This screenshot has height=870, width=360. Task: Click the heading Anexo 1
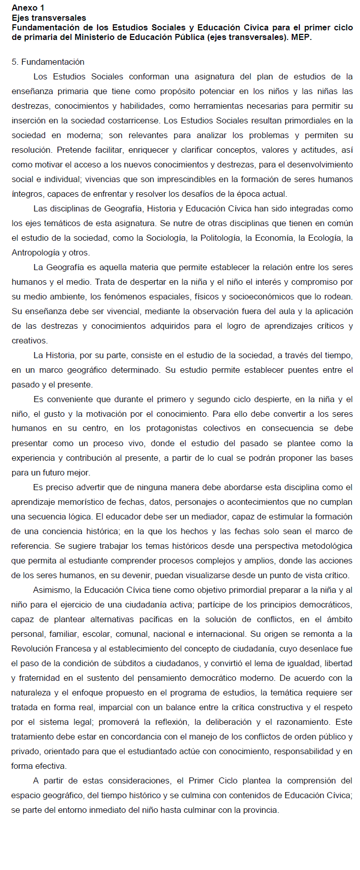(x=28, y=8)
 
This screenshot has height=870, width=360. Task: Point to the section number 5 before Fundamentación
(x=15, y=62)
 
